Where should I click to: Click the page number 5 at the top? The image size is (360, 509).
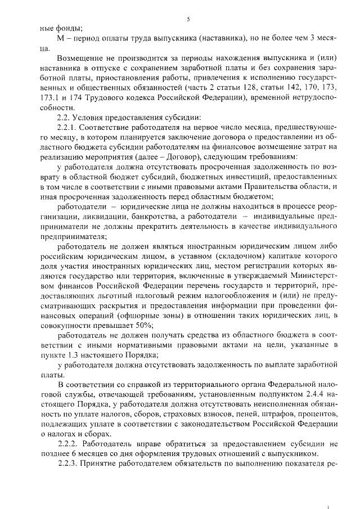[189, 19]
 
